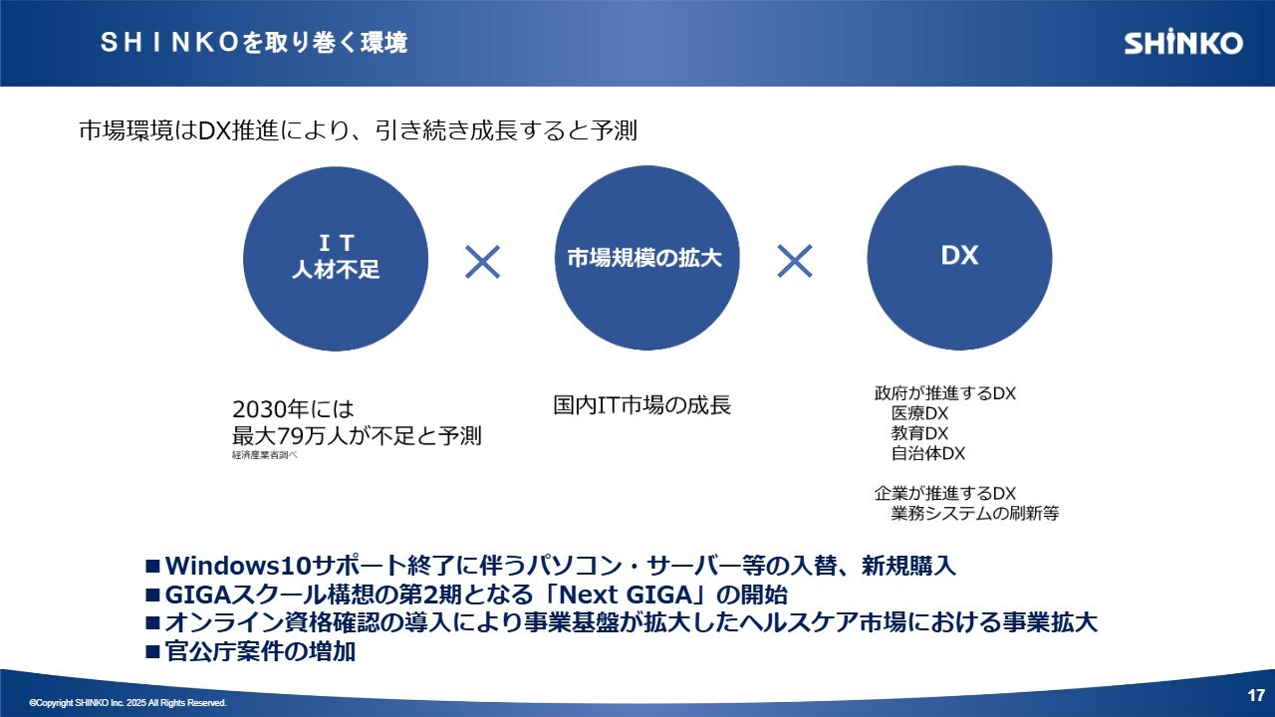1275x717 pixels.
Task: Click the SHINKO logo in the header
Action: point(1183,43)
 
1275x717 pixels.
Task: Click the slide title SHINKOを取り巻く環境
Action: point(254,43)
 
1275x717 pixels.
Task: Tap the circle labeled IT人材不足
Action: point(336,258)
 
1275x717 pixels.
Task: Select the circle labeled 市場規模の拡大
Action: point(646,258)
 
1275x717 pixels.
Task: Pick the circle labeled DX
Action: point(959,258)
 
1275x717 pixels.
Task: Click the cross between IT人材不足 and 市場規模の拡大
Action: point(483,262)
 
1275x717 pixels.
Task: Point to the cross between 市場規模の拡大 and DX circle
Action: point(795,261)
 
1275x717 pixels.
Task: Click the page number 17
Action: point(1256,695)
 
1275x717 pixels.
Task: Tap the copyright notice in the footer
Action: point(128,703)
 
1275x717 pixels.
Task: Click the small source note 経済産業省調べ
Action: point(265,455)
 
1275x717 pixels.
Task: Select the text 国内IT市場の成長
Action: point(642,405)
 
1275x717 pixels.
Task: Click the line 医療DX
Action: point(919,413)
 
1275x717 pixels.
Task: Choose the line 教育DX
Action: point(919,433)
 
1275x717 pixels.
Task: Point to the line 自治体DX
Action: point(928,453)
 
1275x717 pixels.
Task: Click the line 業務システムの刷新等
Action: point(975,513)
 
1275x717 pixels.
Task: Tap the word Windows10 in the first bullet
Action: point(238,566)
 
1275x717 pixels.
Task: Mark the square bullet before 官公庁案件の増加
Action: point(152,651)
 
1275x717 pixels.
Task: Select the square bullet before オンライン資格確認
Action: point(152,623)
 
